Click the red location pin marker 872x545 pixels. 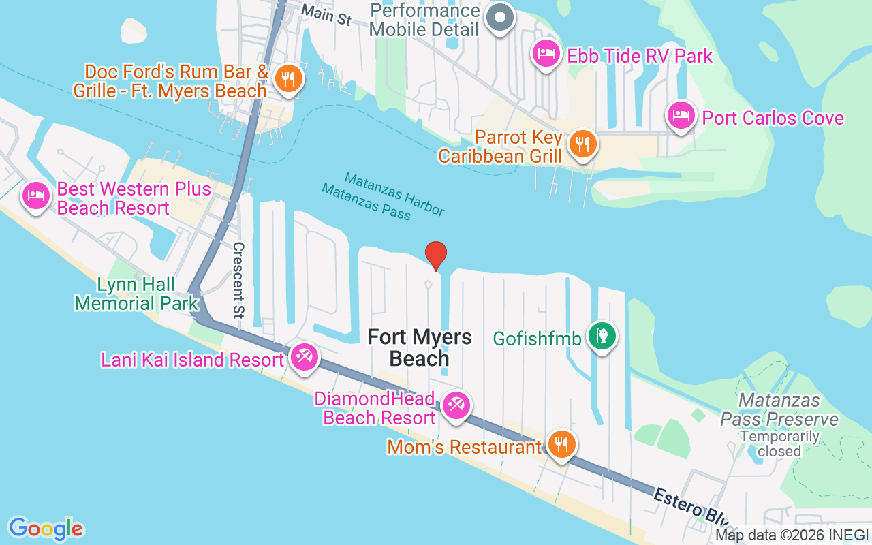[435, 255]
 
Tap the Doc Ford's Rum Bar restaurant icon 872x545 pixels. [288, 78]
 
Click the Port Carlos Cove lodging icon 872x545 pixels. [681, 116]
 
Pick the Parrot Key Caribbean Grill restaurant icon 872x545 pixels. [582, 144]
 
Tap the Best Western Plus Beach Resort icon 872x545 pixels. [35, 197]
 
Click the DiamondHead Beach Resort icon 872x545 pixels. [456, 406]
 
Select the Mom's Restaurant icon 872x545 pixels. [561, 445]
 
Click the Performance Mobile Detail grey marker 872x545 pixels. [501, 19]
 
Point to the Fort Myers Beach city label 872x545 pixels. [419, 347]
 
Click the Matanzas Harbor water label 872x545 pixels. [394, 193]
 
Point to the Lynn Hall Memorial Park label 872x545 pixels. [136, 294]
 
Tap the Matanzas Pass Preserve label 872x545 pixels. [779, 409]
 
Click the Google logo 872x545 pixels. [46, 528]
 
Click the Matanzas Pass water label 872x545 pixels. [367, 202]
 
